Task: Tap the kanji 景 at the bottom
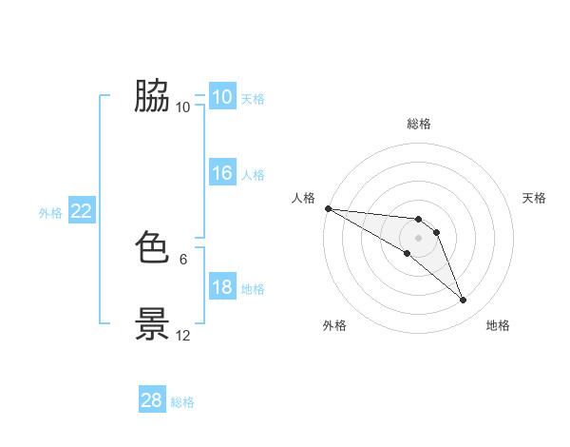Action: tap(153, 324)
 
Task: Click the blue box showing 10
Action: tap(221, 97)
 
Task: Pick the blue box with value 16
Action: tap(221, 173)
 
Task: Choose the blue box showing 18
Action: tap(221, 288)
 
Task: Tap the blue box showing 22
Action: tap(82, 212)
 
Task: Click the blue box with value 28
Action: tap(152, 400)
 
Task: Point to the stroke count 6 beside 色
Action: tap(183, 259)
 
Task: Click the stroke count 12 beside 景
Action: tap(183, 335)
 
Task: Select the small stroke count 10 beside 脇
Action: tap(183, 107)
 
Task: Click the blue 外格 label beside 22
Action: tap(50, 213)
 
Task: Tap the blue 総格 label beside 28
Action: tap(182, 402)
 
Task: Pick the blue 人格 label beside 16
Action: tap(253, 175)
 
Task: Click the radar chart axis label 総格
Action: tap(419, 124)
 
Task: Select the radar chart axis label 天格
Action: tap(535, 198)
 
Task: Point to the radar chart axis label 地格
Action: tap(498, 325)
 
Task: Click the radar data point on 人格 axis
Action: tap(328, 208)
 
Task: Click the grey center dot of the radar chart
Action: tap(419, 238)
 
